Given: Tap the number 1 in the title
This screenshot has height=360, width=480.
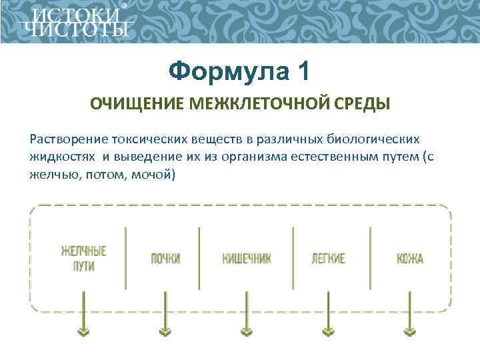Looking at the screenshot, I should (x=301, y=71).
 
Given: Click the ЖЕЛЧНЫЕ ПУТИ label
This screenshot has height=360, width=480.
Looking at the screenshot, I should (x=84, y=259).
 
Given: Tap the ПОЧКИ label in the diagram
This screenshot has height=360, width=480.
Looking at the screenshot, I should (x=165, y=259).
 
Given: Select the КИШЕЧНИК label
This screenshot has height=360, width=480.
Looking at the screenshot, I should (x=247, y=259).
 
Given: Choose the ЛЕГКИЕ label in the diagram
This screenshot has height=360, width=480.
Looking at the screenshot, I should (x=328, y=259).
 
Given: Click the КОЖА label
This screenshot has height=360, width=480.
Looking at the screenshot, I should (x=409, y=259).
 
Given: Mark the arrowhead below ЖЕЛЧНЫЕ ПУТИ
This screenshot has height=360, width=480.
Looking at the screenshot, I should (x=84, y=331).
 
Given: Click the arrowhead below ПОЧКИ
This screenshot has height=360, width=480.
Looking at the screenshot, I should (x=165, y=331).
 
